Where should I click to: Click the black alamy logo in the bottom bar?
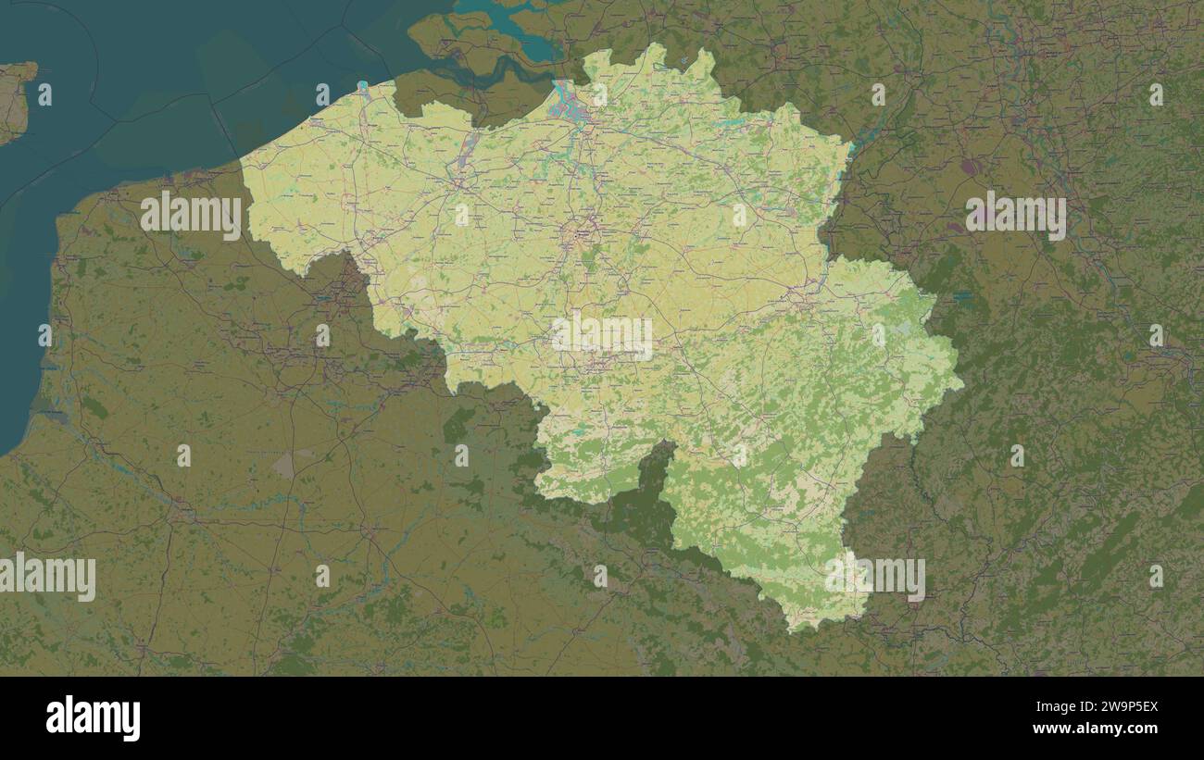click(93, 718)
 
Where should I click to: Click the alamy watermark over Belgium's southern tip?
click(875, 576)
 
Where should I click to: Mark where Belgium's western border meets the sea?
click(243, 164)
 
